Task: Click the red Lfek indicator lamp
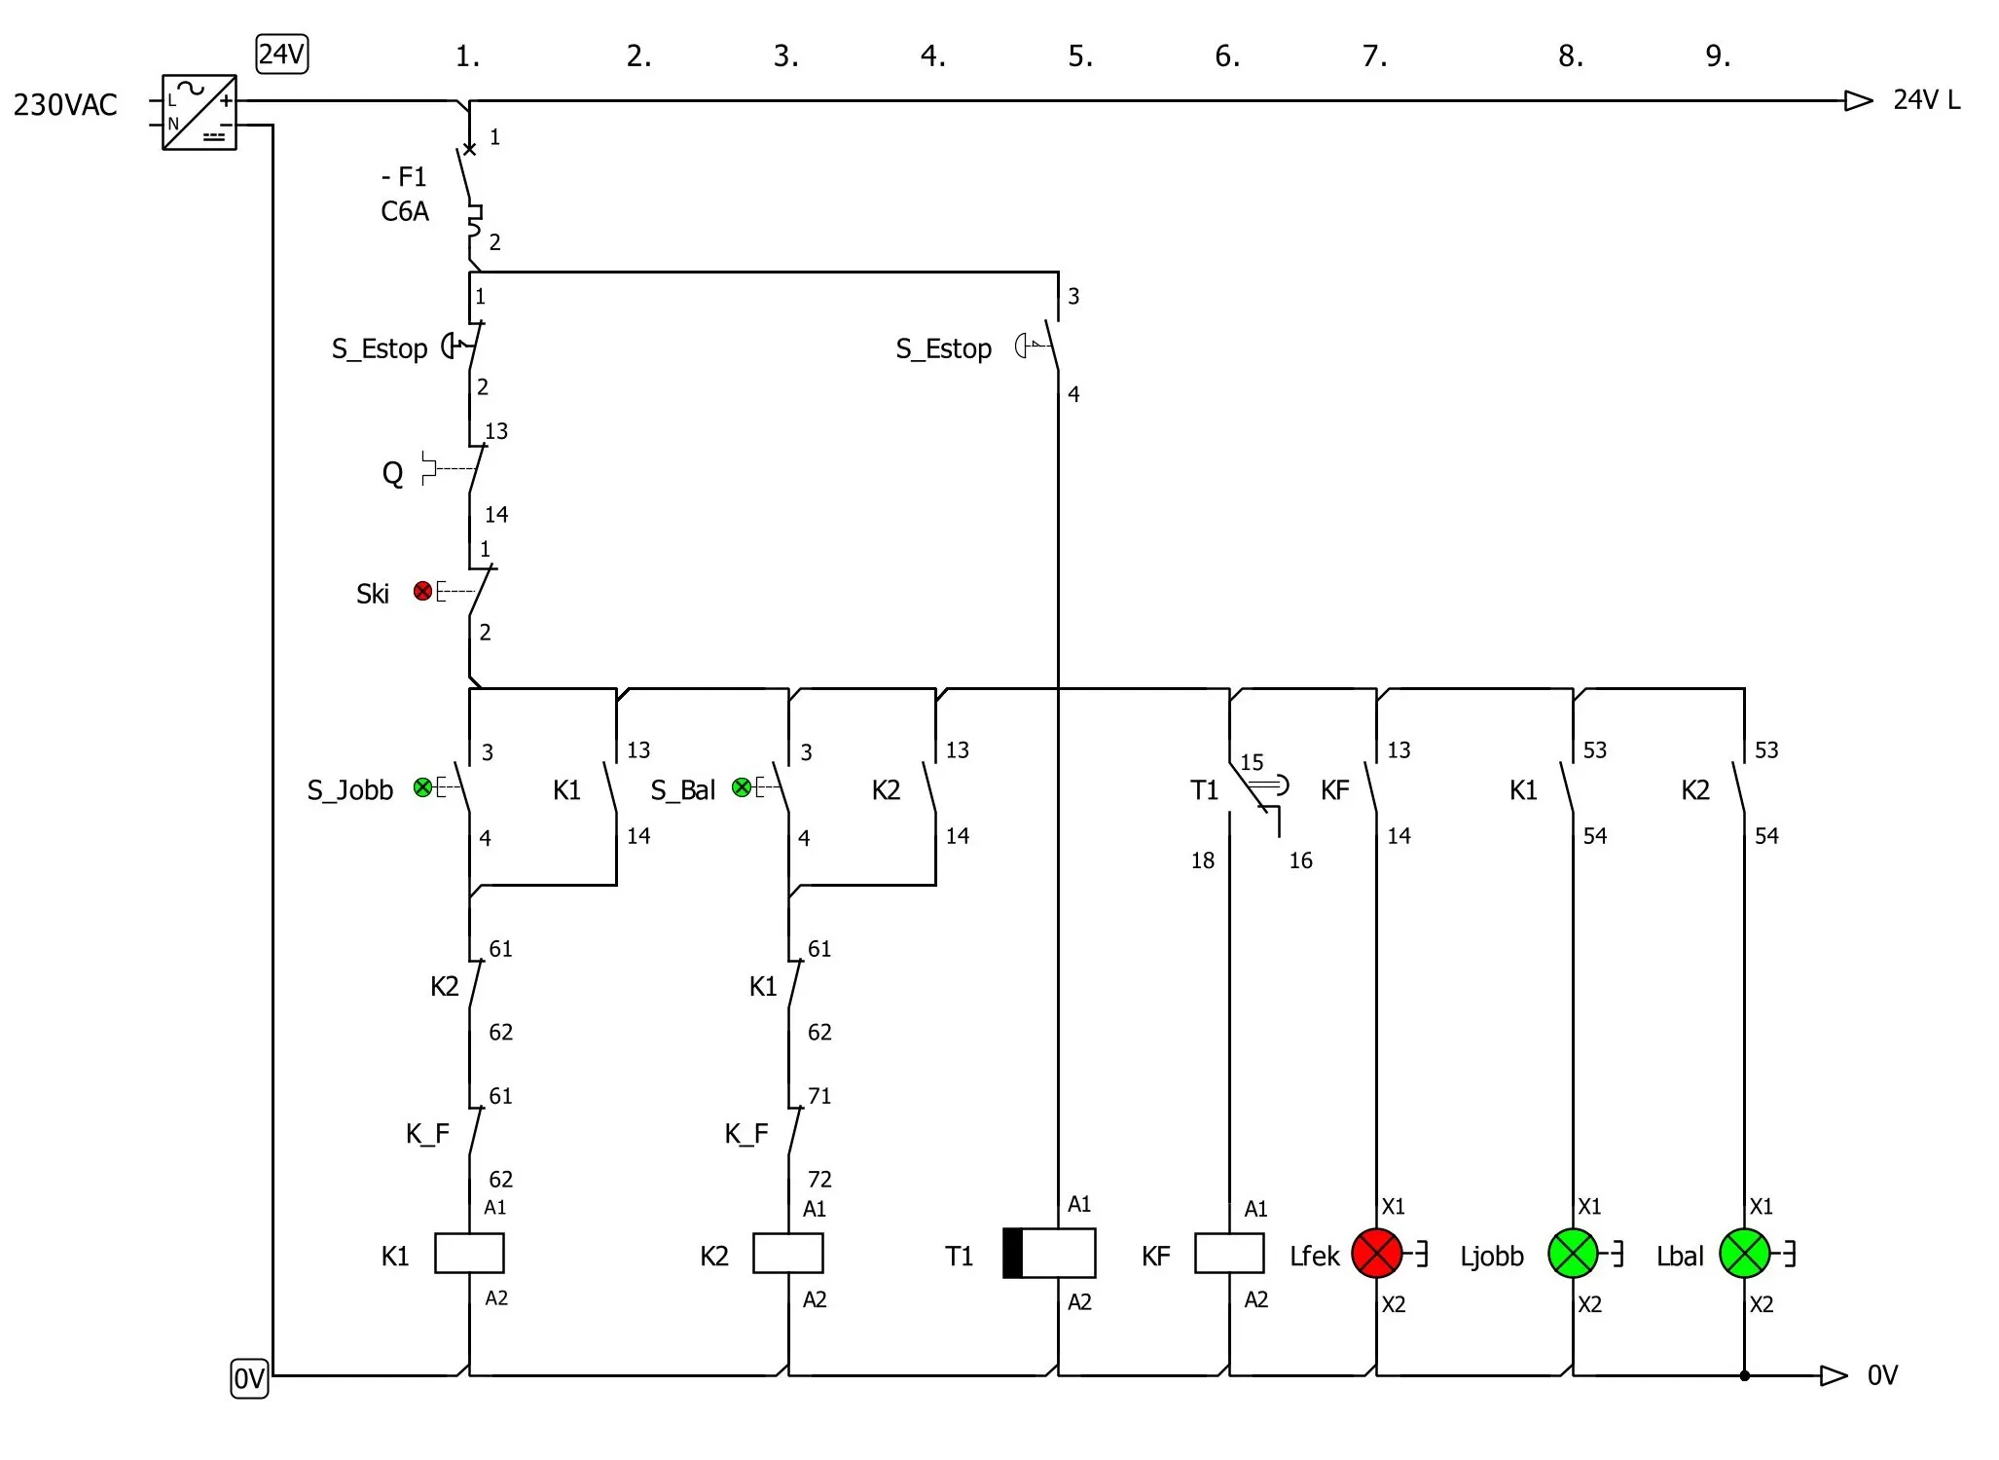(x=1376, y=1253)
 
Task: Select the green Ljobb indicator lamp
(x=1573, y=1253)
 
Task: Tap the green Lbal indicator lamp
(x=1744, y=1253)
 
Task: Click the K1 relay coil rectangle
(x=469, y=1253)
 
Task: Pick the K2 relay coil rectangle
(x=788, y=1253)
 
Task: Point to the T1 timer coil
(x=1049, y=1253)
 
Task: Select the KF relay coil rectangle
(x=1229, y=1253)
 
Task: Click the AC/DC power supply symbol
(x=200, y=112)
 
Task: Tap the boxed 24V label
(x=282, y=55)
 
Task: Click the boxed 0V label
(x=249, y=1378)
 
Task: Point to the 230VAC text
(x=65, y=104)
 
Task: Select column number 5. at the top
(x=1080, y=56)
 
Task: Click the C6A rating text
(x=405, y=211)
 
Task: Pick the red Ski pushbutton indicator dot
(x=422, y=591)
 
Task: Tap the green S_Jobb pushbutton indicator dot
(x=422, y=787)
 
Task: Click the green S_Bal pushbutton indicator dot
(x=742, y=787)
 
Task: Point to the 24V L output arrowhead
(x=1858, y=100)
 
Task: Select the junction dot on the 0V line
(x=1744, y=1375)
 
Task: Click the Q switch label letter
(x=392, y=474)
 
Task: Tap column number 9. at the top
(x=1718, y=56)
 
